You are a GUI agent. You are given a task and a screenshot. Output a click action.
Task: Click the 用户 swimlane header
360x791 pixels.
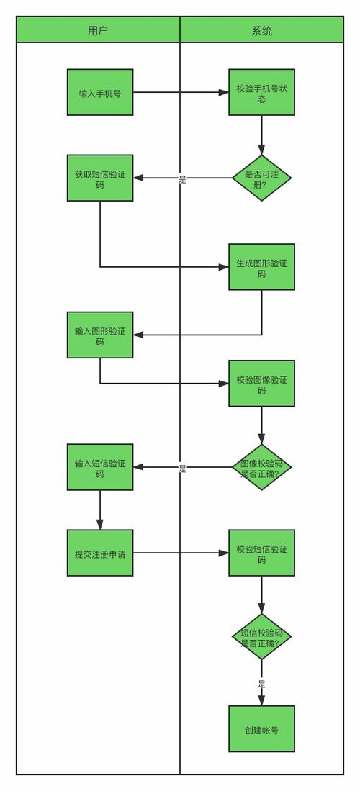point(98,30)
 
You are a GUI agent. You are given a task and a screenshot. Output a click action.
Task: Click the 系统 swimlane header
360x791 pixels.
point(261,30)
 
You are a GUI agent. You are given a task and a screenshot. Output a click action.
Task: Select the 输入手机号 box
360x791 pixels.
point(100,92)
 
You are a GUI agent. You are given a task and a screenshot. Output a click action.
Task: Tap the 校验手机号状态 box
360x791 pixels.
point(261,92)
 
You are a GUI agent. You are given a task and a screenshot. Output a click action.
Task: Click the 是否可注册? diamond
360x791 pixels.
point(261,178)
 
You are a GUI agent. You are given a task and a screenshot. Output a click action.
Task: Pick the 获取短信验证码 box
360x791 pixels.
point(100,178)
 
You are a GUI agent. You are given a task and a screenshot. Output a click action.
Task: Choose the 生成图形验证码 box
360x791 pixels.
point(261,267)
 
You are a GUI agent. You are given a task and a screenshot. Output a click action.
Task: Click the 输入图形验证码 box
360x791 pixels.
point(100,335)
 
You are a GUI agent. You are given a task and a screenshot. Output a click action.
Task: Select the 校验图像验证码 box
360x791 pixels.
point(261,384)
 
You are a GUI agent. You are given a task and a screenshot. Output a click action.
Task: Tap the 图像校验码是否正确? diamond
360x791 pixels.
point(261,467)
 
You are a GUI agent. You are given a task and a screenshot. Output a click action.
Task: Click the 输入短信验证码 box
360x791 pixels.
point(100,467)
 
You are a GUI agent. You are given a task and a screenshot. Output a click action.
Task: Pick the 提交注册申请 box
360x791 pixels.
point(100,553)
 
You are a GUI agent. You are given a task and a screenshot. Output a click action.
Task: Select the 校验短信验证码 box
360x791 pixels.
point(261,553)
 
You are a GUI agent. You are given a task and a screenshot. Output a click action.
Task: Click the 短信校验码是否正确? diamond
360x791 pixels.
point(261,637)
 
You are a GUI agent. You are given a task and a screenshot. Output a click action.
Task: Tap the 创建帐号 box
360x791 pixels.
point(261,728)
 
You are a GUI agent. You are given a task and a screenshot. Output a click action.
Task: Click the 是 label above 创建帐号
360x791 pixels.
point(261,684)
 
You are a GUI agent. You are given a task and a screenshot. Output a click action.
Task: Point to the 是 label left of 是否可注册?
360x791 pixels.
point(182,179)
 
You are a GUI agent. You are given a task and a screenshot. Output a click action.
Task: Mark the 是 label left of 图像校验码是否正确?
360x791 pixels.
point(182,468)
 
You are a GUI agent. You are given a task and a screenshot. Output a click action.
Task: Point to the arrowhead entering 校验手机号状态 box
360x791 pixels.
point(223,92)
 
